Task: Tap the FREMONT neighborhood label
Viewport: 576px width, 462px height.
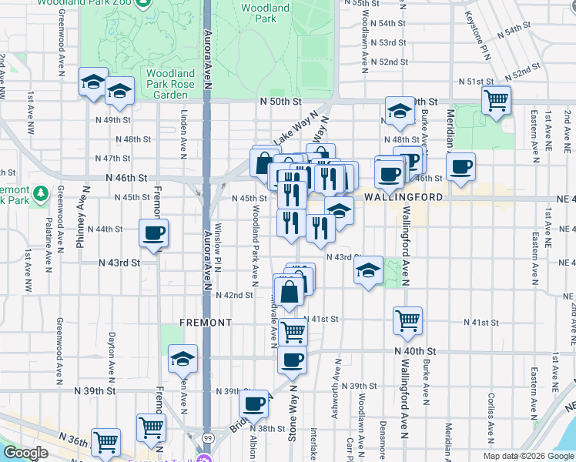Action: click(x=206, y=322)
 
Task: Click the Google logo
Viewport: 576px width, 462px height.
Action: click(x=25, y=454)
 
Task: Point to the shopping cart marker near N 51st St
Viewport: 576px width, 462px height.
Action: click(x=496, y=99)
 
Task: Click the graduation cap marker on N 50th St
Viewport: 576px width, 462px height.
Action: click(x=400, y=112)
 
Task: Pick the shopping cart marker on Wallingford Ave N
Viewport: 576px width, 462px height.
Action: click(x=407, y=320)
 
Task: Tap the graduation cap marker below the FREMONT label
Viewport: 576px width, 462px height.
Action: click(x=183, y=358)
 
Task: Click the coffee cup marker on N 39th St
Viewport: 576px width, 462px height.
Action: click(x=253, y=403)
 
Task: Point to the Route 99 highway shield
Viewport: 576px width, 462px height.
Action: click(x=207, y=437)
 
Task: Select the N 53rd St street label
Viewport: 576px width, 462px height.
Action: click(x=388, y=42)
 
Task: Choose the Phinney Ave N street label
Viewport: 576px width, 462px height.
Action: click(x=80, y=223)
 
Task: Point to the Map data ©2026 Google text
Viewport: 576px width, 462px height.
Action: click(x=528, y=456)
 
